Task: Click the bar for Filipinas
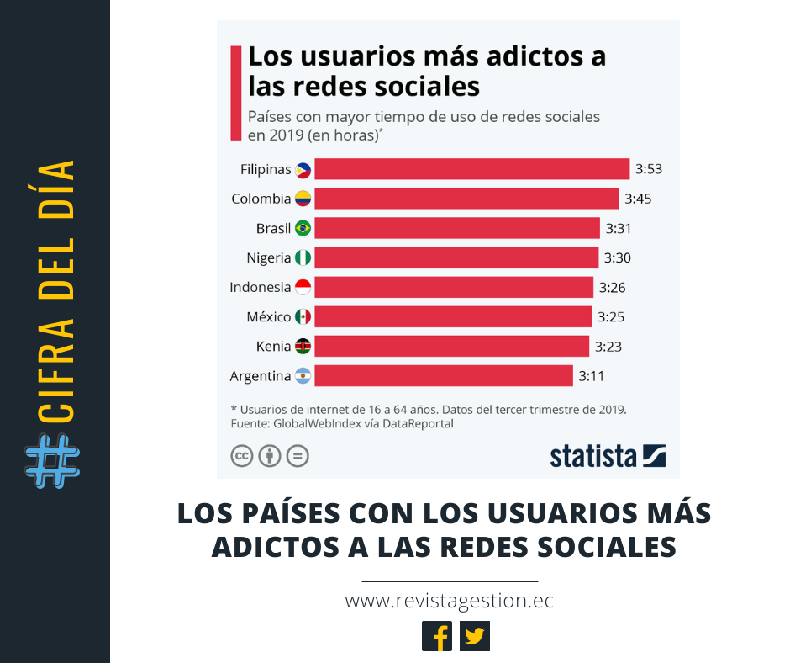pos(471,169)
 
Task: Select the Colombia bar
pos(466,199)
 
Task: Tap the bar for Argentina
pos(444,375)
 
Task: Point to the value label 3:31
pos(618,228)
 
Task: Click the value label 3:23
pos(608,346)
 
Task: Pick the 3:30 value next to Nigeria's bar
pos(616,257)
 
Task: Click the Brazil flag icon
pos(303,228)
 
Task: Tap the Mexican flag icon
pos(303,316)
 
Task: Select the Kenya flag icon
pos(303,346)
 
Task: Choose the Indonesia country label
pos(260,287)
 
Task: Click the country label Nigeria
pos(268,257)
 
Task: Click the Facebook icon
pos(437,636)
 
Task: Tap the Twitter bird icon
pos(475,636)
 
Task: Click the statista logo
pos(608,455)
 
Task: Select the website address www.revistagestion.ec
pos(449,601)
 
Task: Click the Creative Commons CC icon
pos(242,456)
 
